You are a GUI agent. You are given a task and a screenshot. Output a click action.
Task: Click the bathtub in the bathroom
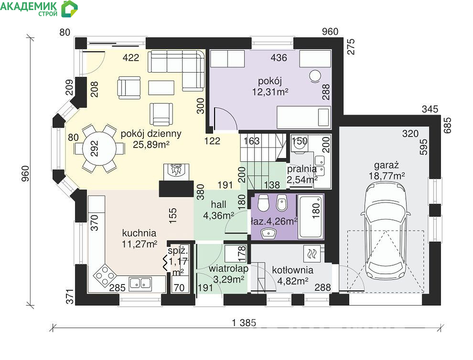(311, 216)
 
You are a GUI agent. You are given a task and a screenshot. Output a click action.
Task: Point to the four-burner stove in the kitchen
(105, 275)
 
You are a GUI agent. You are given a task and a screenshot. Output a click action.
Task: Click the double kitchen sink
(140, 283)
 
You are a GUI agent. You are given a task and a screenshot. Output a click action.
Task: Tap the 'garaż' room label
(387, 165)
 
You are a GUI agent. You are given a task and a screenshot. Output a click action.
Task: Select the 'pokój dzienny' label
(151, 134)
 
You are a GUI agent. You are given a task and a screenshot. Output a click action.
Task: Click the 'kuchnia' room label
(139, 233)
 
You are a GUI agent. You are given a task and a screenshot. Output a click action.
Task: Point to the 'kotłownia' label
(292, 270)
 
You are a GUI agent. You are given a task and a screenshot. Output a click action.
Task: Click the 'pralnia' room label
(301, 169)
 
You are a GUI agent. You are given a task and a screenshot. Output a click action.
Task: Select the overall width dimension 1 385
(244, 323)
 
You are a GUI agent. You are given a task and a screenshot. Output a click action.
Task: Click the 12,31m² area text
(270, 91)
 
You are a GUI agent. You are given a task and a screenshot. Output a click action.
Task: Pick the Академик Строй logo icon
(69, 9)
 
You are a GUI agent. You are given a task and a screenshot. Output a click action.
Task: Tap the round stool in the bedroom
(316, 76)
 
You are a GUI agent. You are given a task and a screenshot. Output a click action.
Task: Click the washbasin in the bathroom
(269, 233)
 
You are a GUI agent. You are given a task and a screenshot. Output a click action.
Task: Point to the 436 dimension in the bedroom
(279, 57)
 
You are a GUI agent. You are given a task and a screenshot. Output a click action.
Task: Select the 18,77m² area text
(387, 176)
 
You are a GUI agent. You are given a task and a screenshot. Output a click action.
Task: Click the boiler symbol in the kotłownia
(312, 254)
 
